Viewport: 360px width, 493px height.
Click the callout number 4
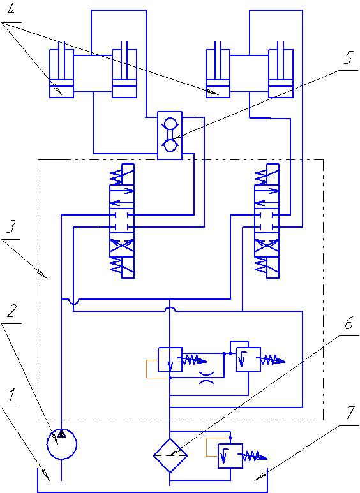click(x=10, y=11)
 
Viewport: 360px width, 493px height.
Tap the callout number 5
click(x=349, y=57)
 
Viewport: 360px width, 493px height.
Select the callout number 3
click(x=11, y=226)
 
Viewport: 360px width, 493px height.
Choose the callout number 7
click(x=351, y=413)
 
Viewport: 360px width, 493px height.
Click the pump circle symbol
click(x=62, y=445)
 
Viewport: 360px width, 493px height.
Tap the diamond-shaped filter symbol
click(x=170, y=455)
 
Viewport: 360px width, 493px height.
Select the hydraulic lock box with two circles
click(x=170, y=135)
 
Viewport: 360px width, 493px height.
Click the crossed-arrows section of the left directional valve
click(x=122, y=247)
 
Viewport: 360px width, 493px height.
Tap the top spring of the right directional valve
click(x=261, y=177)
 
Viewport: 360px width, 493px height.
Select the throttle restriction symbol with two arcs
click(x=207, y=378)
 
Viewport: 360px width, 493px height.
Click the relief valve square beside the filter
click(x=230, y=456)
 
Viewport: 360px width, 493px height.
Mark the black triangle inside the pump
click(x=62, y=434)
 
